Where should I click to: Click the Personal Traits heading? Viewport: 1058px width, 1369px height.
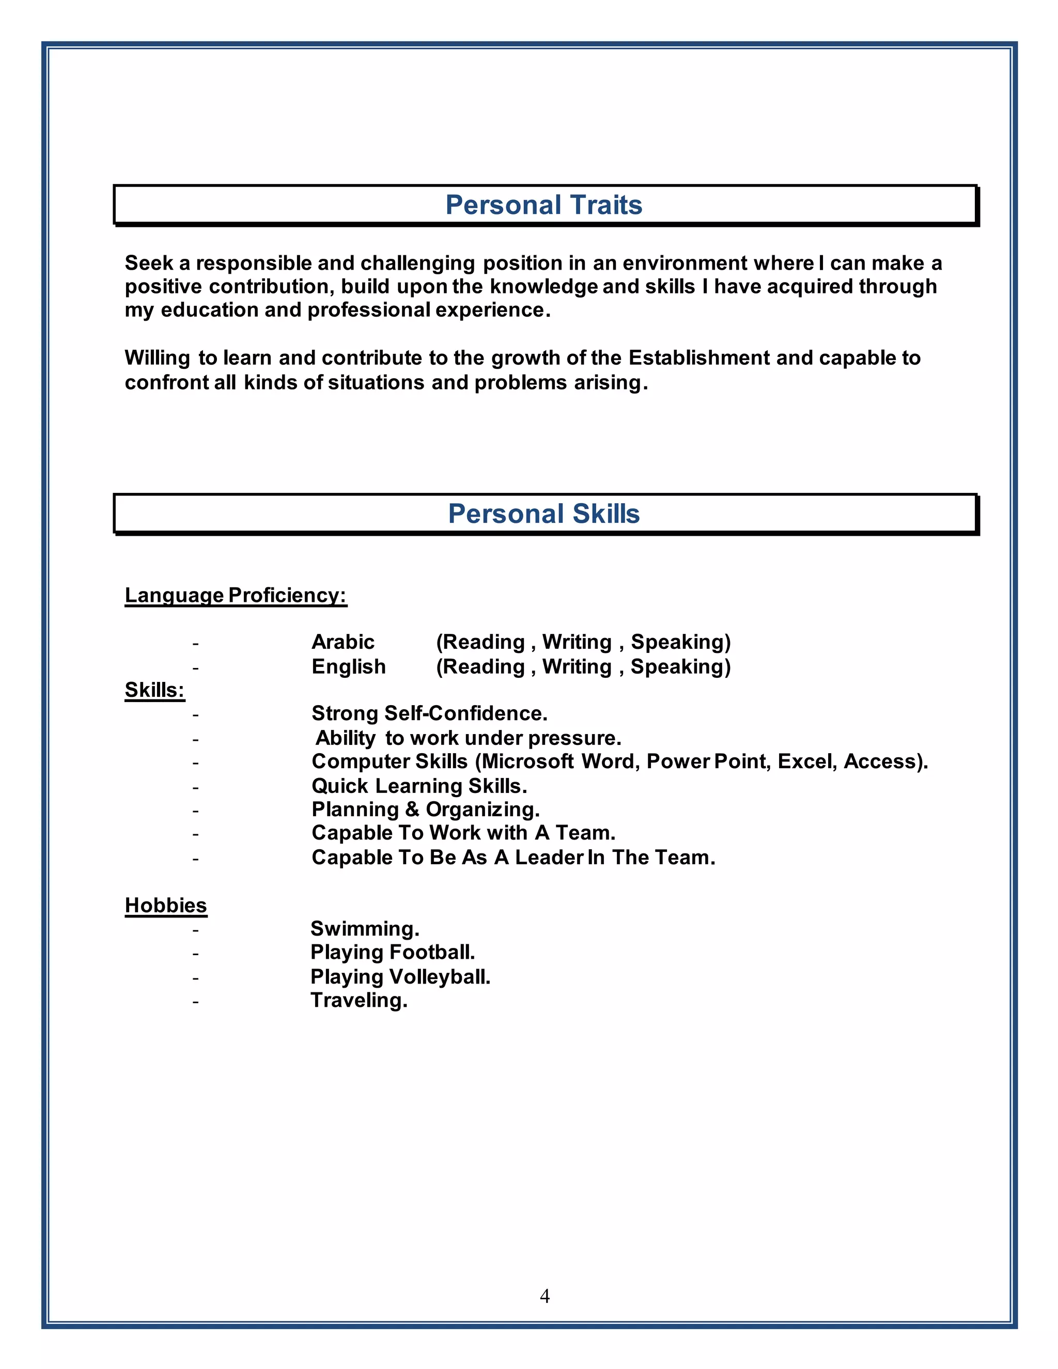pyautogui.click(x=543, y=205)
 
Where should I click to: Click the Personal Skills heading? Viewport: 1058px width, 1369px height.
pyautogui.click(x=543, y=514)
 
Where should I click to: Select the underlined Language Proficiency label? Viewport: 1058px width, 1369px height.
pyautogui.click(x=236, y=595)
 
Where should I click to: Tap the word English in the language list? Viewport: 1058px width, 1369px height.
pyautogui.click(x=349, y=666)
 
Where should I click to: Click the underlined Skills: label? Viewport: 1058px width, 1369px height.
pyautogui.click(x=154, y=690)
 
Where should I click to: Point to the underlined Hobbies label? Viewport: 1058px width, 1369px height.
pyautogui.click(x=165, y=905)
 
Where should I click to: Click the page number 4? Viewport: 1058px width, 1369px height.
pyautogui.click(x=544, y=1296)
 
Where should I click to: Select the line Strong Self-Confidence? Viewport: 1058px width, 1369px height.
pyautogui.click(x=429, y=713)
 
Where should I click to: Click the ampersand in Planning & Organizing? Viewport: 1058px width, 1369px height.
pyautogui.click(x=412, y=809)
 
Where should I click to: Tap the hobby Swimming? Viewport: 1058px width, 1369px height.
pyautogui.click(x=364, y=928)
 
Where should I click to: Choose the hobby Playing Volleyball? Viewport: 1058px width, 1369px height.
pyautogui.click(x=400, y=976)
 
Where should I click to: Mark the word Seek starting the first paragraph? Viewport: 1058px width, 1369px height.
pyautogui.click(x=149, y=263)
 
